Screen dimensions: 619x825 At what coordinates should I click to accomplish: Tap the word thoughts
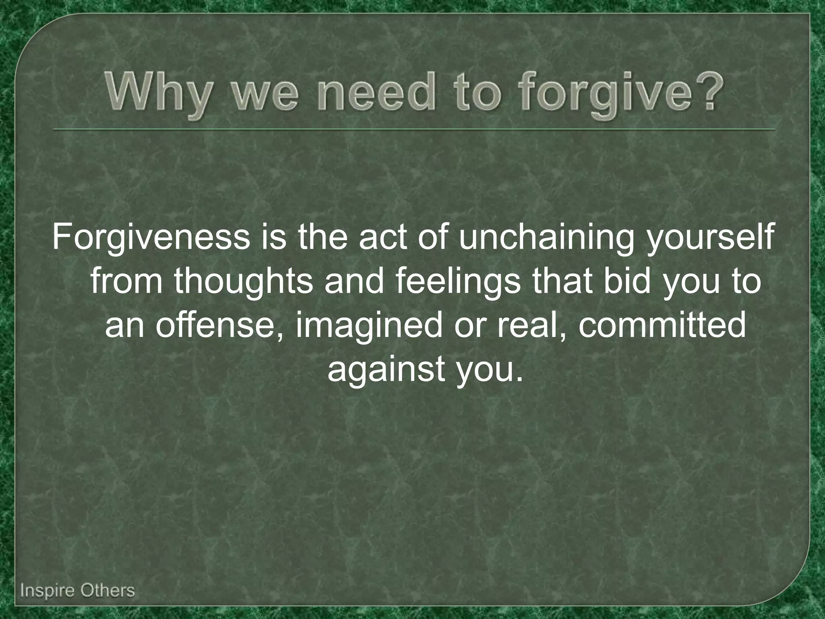tap(244, 281)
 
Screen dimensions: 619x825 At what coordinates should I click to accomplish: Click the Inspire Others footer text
tap(77, 591)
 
